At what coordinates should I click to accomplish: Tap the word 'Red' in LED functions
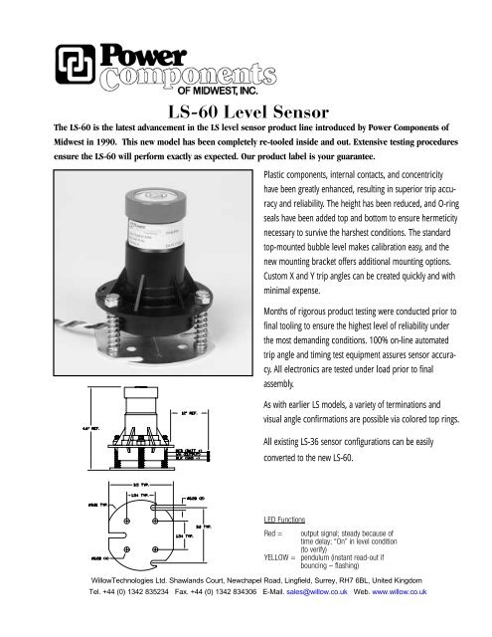[x=268, y=534]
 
